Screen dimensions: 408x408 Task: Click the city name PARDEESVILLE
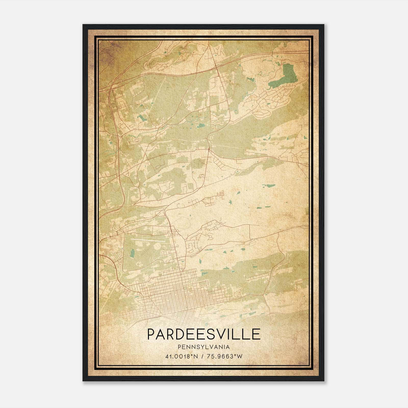click(204, 334)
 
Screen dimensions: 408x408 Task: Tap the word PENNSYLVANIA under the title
click(204, 347)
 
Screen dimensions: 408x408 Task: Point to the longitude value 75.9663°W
click(225, 356)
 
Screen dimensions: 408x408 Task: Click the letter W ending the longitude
click(239, 356)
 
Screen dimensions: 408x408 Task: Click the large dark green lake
click(285, 75)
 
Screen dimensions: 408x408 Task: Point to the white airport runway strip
click(148, 240)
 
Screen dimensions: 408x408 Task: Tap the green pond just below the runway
click(132, 253)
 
